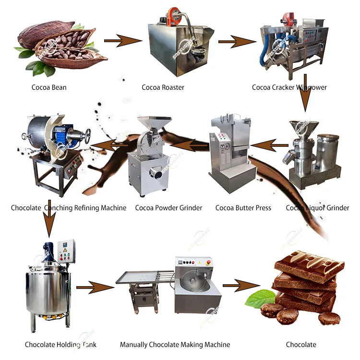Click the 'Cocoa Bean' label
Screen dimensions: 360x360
(49, 87)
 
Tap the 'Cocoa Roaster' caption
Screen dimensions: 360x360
(163, 87)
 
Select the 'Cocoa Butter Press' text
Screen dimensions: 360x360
(243, 208)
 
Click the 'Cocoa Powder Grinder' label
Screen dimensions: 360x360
(168, 208)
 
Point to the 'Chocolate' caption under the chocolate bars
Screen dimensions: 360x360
(301, 344)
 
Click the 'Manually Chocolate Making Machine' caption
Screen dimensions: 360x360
(175, 344)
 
